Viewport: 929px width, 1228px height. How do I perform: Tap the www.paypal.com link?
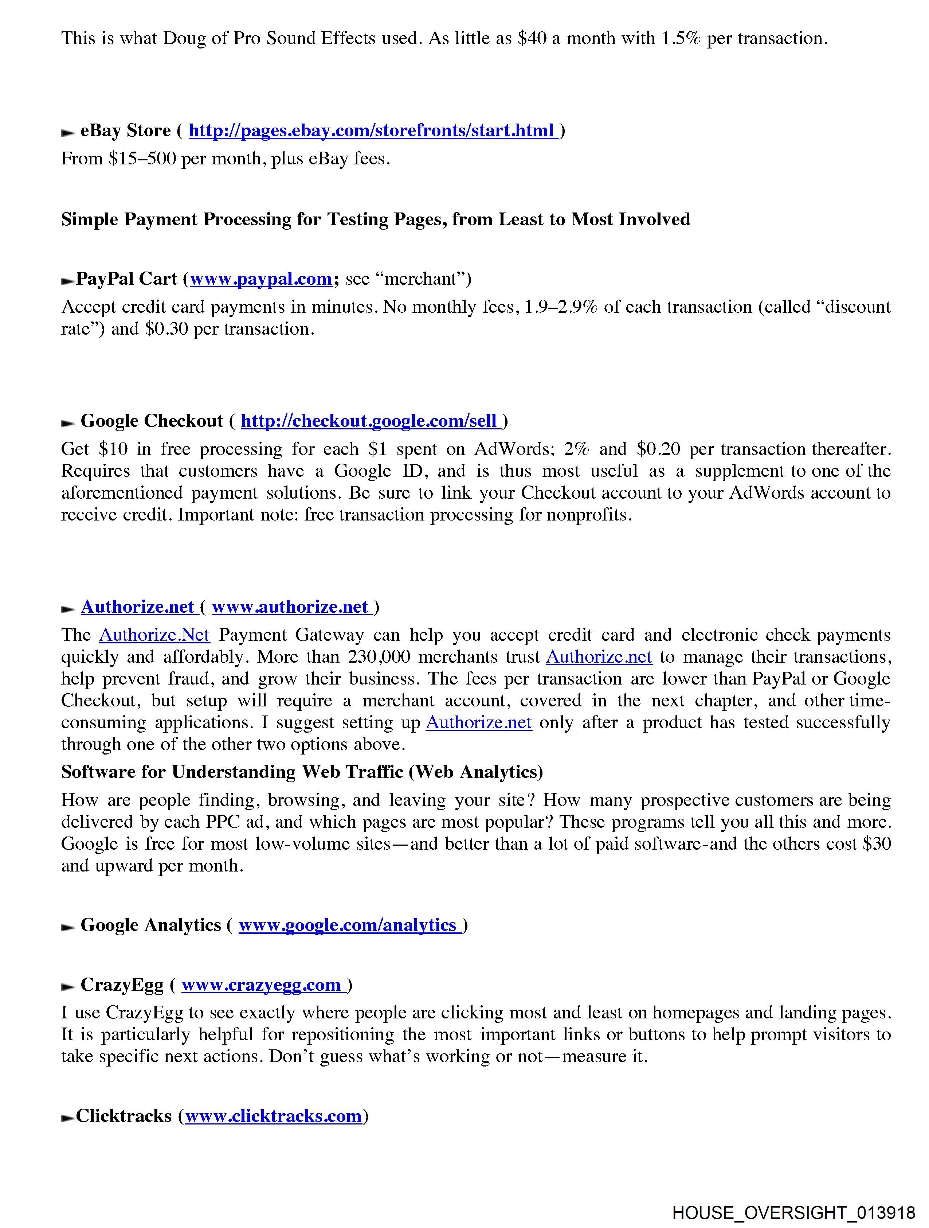[261, 279]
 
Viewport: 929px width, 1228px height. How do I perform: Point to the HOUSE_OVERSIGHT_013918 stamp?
[793, 1212]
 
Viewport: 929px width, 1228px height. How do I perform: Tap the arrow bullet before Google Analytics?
[68, 927]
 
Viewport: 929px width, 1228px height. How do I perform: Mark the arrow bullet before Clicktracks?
[68, 1118]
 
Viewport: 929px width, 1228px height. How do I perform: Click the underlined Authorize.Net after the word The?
[154, 635]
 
